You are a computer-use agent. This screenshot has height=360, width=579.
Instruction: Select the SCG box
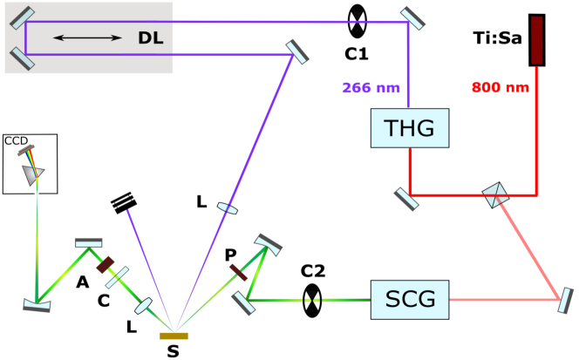[x=411, y=301]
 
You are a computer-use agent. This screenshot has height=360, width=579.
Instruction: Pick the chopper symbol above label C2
[x=311, y=301]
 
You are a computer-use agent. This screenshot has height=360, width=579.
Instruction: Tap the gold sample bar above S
[x=174, y=335]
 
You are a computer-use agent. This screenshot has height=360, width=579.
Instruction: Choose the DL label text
[x=151, y=38]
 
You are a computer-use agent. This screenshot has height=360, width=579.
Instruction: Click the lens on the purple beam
[x=226, y=207]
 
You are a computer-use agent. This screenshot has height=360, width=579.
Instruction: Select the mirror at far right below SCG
[x=565, y=300]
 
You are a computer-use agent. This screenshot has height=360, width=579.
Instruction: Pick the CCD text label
[x=17, y=139]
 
